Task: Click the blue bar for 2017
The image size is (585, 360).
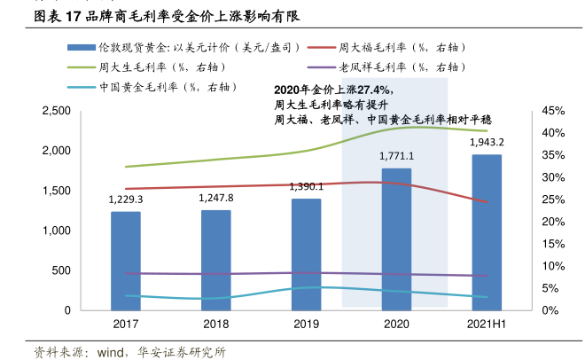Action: click(x=126, y=261)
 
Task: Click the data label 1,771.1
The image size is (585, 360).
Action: click(x=396, y=156)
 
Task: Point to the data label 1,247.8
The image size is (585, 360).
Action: click(x=216, y=198)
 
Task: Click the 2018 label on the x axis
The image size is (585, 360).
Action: click(x=216, y=325)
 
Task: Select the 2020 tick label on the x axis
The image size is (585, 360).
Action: click(x=396, y=325)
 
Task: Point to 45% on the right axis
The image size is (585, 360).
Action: click(x=552, y=111)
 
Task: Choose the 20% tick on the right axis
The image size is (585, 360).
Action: click(x=552, y=222)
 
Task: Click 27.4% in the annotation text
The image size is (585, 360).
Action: click(x=373, y=90)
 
